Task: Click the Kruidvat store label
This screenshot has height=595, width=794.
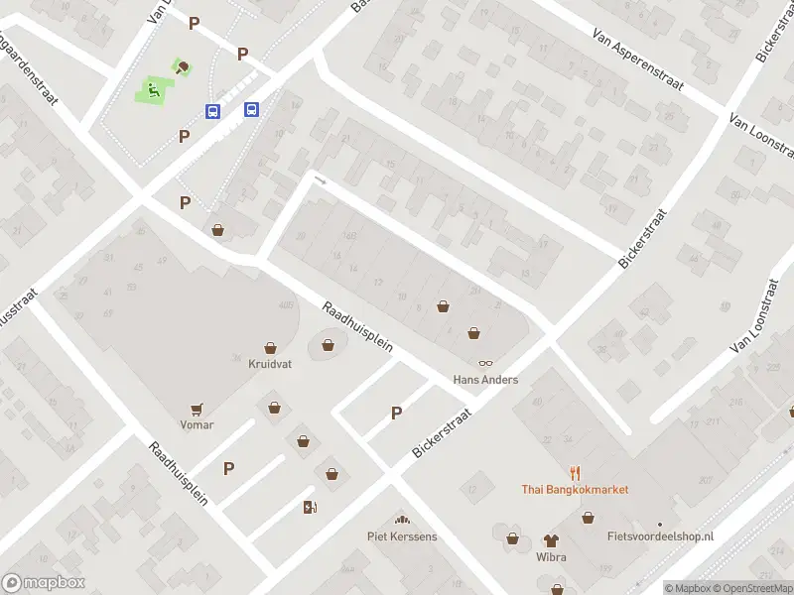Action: (269, 364)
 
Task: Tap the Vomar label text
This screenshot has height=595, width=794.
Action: (197, 424)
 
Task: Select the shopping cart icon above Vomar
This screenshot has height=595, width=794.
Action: (197, 408)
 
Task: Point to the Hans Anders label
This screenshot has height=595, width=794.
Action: (485, 380)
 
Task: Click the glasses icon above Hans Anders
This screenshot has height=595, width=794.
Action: (485, 364)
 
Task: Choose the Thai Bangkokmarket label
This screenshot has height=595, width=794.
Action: (575, 490)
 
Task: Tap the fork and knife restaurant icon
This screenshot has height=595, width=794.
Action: (575, 473)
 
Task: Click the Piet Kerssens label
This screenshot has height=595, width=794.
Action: (402, 537)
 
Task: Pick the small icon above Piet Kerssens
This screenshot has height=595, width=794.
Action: (402, 521)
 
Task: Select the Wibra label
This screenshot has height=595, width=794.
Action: (551, 557)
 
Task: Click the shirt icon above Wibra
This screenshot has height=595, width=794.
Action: (551, 540)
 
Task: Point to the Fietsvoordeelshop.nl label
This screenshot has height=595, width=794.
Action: (660, 536)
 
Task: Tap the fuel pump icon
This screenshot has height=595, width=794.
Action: (310, 508)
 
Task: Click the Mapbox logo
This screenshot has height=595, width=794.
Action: (43, 583)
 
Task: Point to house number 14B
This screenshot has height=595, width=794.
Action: (348, 236)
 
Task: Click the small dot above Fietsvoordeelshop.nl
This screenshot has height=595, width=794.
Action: (660, 525)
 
